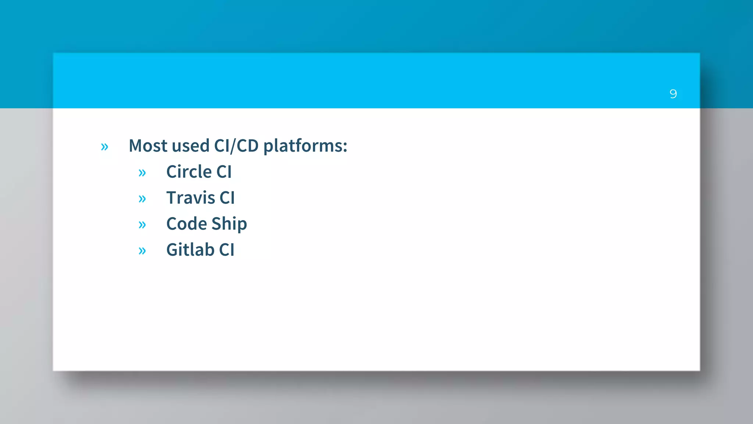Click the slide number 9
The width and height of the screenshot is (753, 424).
(x=673, y=94)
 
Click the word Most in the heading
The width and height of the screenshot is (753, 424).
(x=148, y=146)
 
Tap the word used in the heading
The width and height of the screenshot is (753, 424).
(x=190, y=146)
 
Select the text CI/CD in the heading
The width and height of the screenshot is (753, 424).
(x=236, y=146)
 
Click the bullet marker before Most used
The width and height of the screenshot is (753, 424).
(x=104, y=147)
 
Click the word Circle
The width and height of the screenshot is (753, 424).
(x=189, y=172)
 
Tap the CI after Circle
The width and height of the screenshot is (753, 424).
(x=224, y=172)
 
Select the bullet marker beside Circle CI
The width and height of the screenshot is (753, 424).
(x=142, y=173)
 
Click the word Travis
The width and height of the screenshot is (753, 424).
(x=190, y=198)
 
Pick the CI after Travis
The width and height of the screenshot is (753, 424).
(x=227, y=198)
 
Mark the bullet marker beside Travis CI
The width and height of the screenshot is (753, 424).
(x=142, y=199)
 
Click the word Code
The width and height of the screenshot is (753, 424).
(x=186, y=224)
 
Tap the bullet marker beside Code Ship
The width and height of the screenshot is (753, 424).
(x=142, y=225)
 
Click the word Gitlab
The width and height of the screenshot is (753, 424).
(x=190, y=250)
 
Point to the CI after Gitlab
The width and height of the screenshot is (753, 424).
(x=226, y=250)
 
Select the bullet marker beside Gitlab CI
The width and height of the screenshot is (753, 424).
(x=142, y=251)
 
